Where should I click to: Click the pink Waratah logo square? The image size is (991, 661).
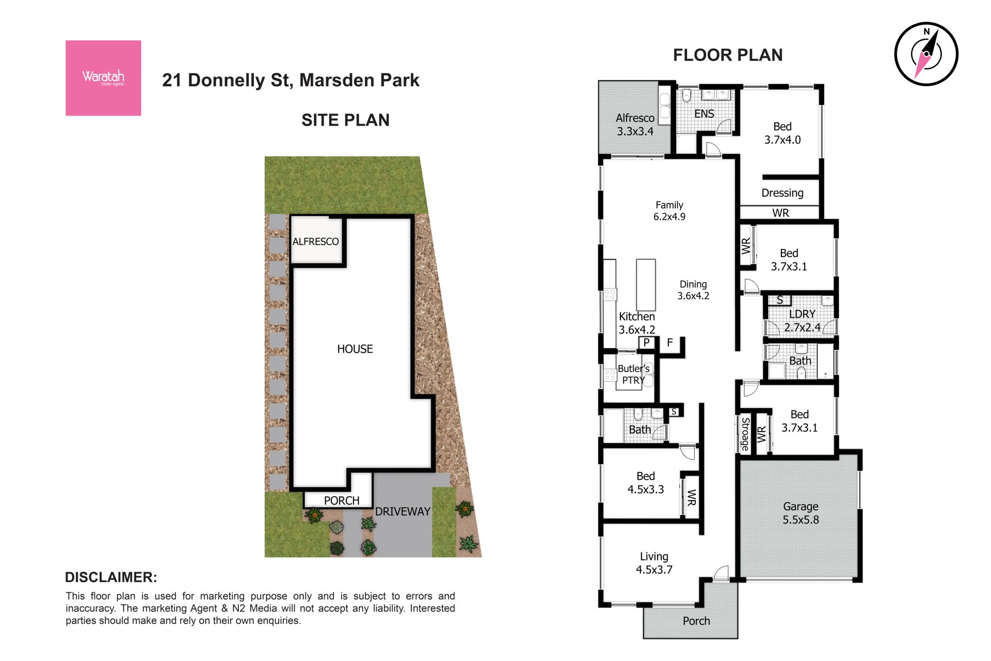pos(103,78)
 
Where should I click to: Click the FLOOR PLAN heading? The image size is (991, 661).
pos(728,55)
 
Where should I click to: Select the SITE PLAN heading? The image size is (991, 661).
pos(345,120)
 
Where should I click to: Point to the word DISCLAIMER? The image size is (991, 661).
pos(111,577)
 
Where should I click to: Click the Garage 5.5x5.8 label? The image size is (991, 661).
pos(801,513)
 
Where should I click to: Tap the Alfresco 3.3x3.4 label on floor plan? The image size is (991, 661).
pos(635,125)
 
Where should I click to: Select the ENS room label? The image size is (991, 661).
pos(704,114)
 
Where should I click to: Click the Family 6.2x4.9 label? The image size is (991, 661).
pos(669,211)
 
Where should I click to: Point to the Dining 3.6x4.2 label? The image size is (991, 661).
pos(693,290)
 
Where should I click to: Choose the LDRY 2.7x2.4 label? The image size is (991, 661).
pos(802,321)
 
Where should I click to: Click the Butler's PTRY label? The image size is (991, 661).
pos(633,374)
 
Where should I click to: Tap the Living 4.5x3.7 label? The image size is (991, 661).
pos(654,563)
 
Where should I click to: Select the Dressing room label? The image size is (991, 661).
pos(782,193)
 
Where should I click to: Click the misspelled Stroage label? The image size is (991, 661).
pos(745,434)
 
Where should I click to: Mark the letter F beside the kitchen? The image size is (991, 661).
pos(670,342)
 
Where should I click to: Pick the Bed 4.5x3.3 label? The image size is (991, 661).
pos(646,483)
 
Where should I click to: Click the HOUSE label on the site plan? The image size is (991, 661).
pos(355,349)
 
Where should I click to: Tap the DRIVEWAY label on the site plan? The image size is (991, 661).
pos(403,512)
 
